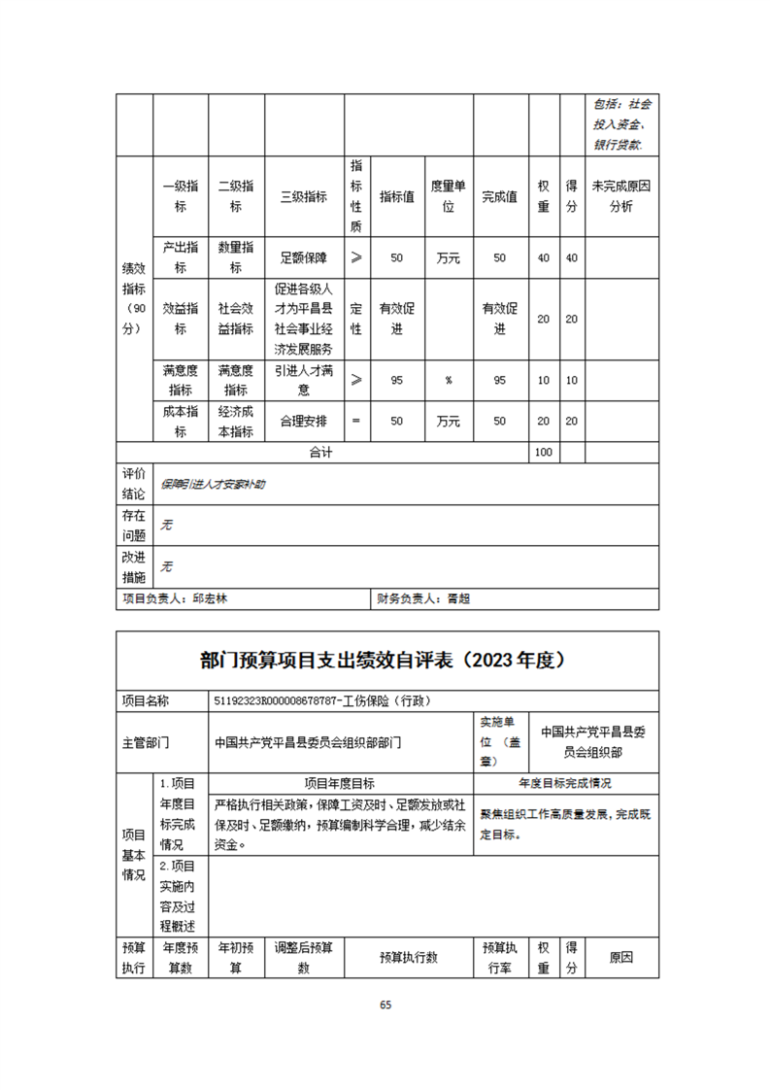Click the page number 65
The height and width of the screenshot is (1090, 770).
385,1005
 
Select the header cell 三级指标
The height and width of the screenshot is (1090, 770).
304,196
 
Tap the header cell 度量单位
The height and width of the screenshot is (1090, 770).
449,196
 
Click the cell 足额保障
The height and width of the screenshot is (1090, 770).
304,258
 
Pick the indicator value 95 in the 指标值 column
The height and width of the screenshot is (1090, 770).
396,380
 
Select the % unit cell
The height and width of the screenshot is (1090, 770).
449,380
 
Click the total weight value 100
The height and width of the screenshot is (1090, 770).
543,453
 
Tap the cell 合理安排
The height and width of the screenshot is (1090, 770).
304,422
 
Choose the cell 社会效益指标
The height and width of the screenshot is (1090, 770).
236,320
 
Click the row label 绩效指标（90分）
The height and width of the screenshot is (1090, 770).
133,298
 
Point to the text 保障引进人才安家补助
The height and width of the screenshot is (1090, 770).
213,484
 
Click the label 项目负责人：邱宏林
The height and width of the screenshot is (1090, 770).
175,599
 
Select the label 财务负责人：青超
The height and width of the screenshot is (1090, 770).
423,599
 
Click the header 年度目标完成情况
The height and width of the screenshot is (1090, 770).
564,783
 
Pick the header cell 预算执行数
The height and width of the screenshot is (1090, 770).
408,957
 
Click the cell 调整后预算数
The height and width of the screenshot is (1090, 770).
304,957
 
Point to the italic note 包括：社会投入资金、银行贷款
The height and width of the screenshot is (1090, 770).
622,123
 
